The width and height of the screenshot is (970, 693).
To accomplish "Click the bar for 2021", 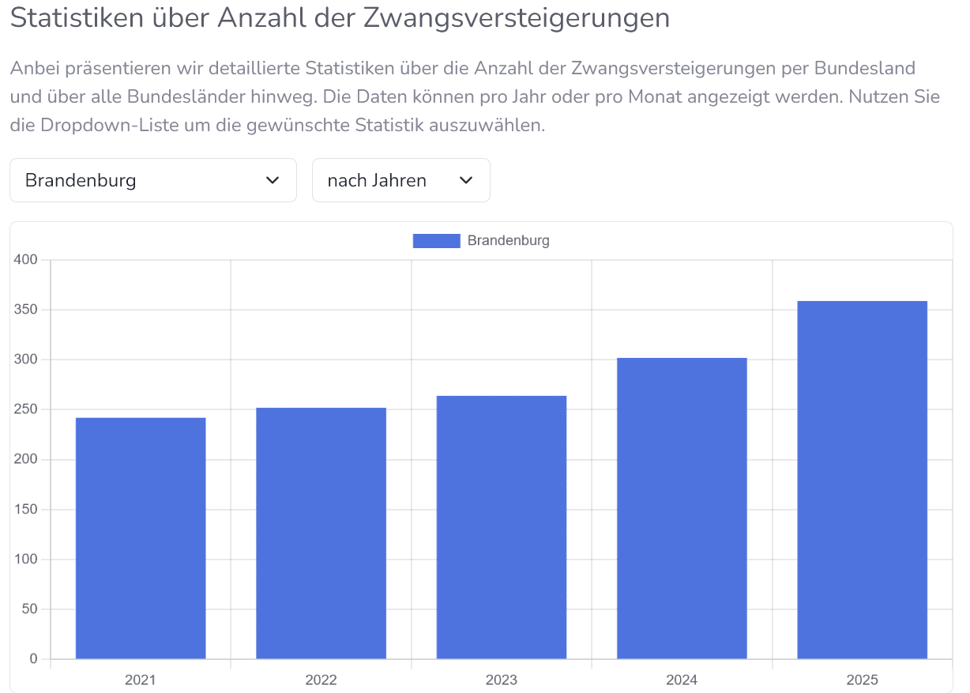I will [x=141, y=537].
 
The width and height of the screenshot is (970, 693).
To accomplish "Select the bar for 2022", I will [x=321, y=533].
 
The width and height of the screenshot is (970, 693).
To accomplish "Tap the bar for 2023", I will [x=502, y=526].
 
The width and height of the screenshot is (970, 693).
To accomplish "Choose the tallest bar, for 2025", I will [x=862, y=479].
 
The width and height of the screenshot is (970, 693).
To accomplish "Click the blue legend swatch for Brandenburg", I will [x=436, y=241].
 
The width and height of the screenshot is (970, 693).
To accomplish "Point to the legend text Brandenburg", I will [x=508, y=241].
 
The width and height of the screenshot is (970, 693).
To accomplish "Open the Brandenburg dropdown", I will [x=152, y=180].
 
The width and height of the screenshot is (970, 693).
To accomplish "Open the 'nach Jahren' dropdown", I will [x=400, y=180].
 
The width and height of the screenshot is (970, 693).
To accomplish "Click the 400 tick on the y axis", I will [x=27, y=260].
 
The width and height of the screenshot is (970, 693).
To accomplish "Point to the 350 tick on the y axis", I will [x=27, y=310].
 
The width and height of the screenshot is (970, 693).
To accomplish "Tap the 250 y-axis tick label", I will [x=27, y=409].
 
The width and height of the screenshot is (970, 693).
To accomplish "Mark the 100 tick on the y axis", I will [x=27, y=559].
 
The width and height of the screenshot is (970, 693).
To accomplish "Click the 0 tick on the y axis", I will [x=33, y=659].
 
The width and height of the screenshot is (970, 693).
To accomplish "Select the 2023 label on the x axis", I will [x=502, y=680].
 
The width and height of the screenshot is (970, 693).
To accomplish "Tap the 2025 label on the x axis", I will [x=862, y=680].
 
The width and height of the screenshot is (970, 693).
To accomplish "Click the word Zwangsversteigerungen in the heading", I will [x=517, y=19].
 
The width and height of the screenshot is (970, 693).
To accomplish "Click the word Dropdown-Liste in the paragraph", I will [x=103, y=126].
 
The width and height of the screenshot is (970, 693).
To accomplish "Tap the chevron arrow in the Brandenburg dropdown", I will [x=273, y=180].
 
